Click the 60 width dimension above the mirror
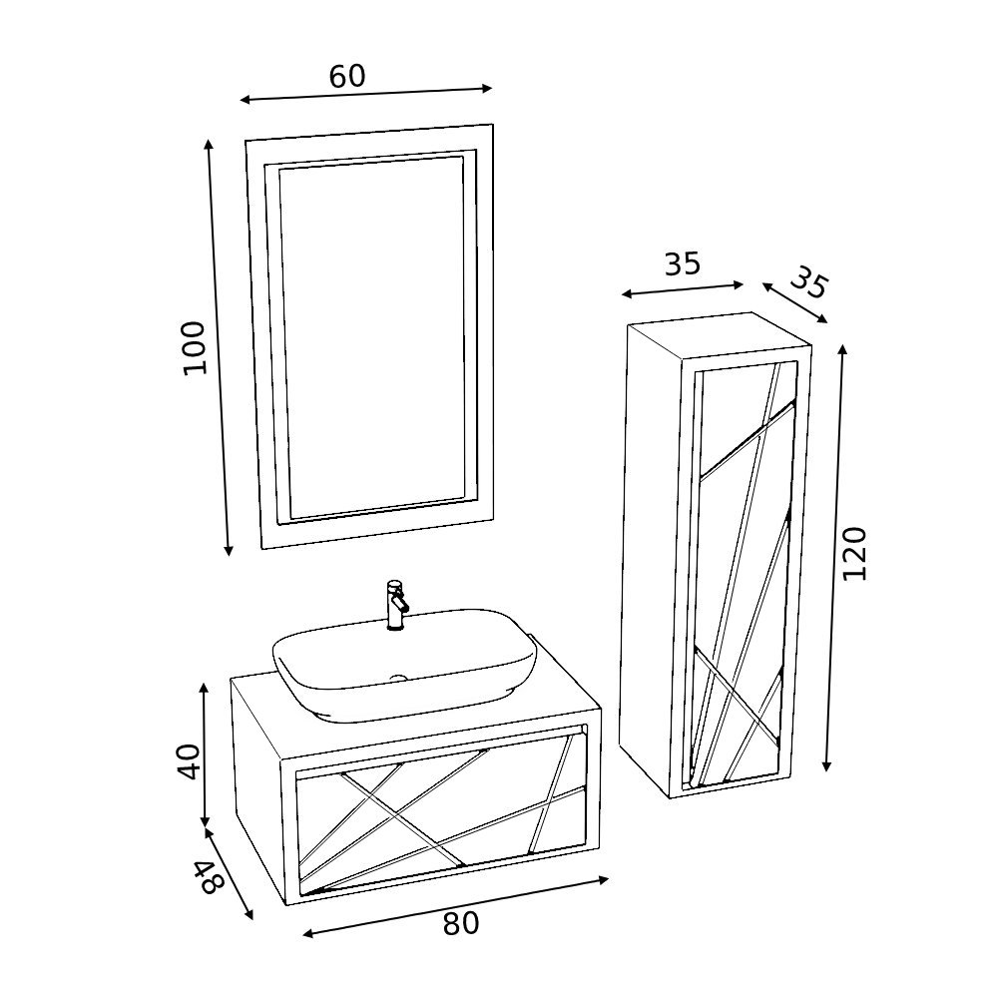click(347, 76)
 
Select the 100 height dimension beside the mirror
click(195, 348)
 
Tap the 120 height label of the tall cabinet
click(854, 553)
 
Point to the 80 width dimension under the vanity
click(460, 923)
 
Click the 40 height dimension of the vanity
click(189, 761)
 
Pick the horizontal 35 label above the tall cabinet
click(683, 264)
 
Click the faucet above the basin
click(397, 604)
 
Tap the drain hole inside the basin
click(398, 678)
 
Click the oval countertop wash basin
click(405, 665)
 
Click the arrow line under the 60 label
click(366, 94)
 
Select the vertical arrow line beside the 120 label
click(834, 558)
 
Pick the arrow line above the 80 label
click(455, 907)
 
